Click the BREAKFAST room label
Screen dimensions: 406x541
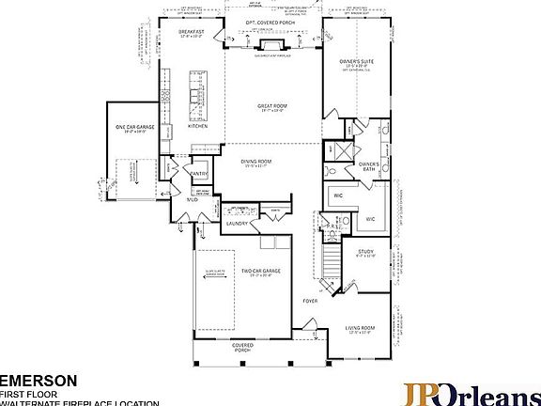point(193,31)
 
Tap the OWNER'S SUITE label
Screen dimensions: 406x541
point(356,61)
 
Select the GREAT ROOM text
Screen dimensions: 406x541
point(272,106)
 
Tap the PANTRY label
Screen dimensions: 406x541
point(200,173)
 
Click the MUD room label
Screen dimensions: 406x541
point(190,199)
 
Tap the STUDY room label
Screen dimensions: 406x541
point(365,252)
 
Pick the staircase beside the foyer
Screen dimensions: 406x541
point(331,254)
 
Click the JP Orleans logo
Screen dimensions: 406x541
point(471,393)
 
